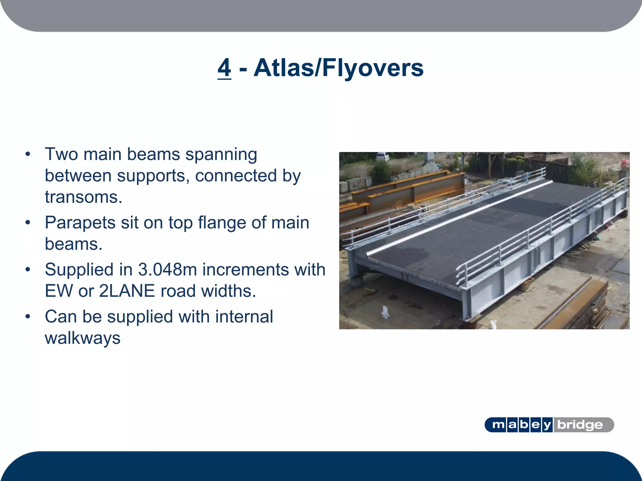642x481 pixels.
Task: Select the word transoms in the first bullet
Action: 83,197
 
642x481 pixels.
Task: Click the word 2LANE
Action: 127,291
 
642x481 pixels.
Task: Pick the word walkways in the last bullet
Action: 82,338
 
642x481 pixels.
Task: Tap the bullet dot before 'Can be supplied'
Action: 28,317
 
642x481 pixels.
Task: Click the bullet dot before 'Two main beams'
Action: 28,154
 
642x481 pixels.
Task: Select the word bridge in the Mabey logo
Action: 580,425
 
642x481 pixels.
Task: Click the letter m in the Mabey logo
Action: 498,425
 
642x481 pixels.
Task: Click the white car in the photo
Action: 382,156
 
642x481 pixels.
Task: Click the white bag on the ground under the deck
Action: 385,312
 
